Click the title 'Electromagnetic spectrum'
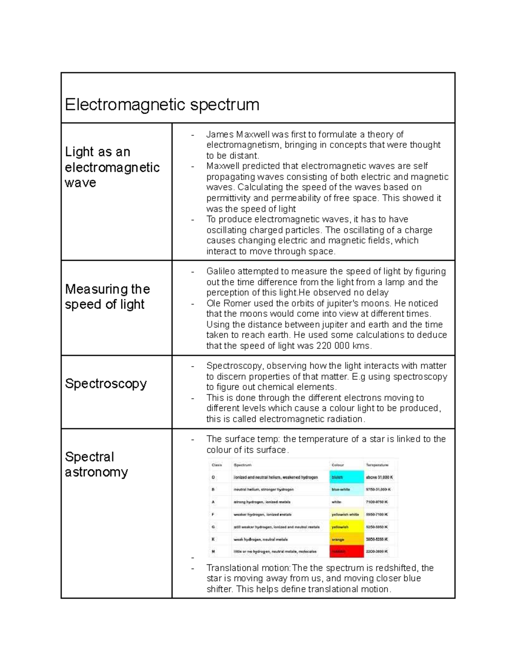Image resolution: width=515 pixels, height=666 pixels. pos(162,105)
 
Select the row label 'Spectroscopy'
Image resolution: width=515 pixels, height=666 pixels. pos(106,383)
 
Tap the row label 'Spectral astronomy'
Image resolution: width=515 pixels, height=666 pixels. pos(96,464)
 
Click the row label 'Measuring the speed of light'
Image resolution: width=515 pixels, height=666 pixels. pos(107,297)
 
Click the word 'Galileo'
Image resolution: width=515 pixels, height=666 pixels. pos(220,271)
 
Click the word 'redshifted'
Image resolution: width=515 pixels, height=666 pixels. pos(396,568)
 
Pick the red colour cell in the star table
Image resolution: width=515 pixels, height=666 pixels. pos(346,551)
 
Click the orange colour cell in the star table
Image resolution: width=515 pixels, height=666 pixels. pos(346,539)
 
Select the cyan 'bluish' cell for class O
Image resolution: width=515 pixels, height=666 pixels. pos(346,477)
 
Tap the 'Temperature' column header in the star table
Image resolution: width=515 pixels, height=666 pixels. pos(377,465)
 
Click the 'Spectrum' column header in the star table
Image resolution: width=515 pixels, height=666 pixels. pos(242,465)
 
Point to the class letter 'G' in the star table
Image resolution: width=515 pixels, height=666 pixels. pos(213,527)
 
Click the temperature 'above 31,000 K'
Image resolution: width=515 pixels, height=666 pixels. pos(379,477)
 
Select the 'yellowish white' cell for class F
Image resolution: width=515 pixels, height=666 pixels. pos(345,514)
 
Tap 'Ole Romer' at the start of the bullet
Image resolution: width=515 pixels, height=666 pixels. pos(224,304)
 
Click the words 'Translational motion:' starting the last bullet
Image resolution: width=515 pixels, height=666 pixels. pos(248,568)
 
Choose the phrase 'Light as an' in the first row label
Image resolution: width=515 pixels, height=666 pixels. pos(97,152)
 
